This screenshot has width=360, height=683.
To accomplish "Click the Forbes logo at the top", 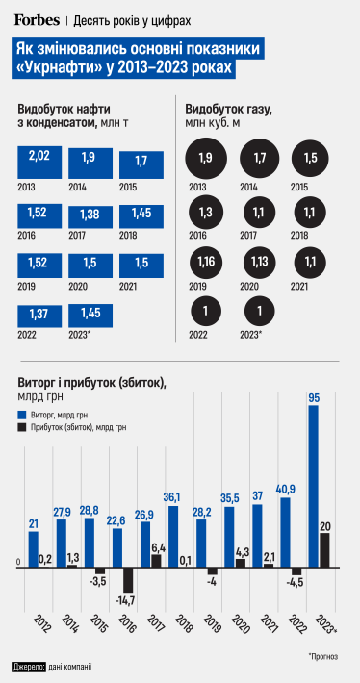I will tap(36, 19).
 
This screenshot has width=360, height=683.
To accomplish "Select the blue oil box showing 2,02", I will tap(39, 160).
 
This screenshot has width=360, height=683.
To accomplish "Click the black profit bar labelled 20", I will tap(325, 550).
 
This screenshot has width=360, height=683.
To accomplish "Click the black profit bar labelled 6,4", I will tap(156, 561).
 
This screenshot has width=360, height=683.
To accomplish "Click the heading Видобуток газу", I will tap(229, 109).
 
